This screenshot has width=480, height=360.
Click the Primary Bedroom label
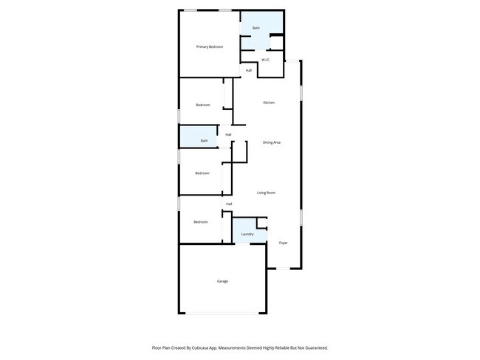pos(210,47)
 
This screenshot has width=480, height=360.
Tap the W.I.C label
pos(265,60)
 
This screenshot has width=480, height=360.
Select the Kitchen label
pos(269,103)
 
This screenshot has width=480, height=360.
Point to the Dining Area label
pos(272,142)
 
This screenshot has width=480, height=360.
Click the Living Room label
pos(266,193)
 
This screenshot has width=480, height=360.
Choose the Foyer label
pos(283,243)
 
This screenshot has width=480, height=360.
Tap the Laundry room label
pos(247,235)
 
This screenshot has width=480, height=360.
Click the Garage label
pos(222,281)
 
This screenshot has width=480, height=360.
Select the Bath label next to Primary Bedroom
pos(256,28)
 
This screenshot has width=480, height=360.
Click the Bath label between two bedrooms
pos(204,140)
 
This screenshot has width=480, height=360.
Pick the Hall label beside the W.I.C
pos(249,70)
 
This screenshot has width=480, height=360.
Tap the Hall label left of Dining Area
pos(229,134)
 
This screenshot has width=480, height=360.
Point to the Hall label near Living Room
pos(229,204)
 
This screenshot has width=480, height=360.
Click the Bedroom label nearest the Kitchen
pos(203,105)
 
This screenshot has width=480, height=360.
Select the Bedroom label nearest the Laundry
pos(201,221)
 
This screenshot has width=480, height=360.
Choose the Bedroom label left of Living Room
pos(202,173)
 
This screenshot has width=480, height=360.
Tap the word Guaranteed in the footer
pos(312,347)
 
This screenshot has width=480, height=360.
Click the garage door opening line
pos(222,314)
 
